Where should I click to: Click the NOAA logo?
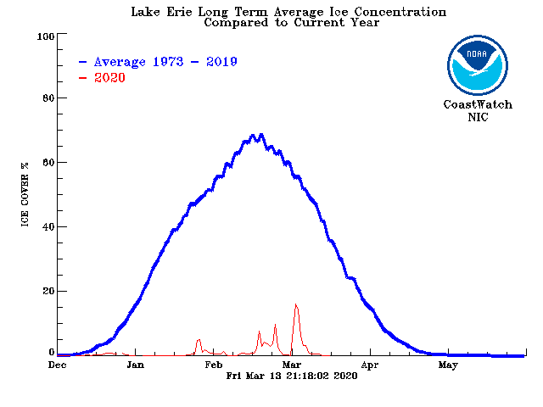477,64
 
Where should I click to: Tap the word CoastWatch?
477,105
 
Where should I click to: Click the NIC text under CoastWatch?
477,116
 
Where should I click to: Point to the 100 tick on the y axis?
45,36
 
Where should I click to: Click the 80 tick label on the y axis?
48,99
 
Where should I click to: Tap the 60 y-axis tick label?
48,163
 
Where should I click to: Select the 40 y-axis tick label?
48,227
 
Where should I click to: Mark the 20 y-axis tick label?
48,292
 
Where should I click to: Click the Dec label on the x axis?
58,366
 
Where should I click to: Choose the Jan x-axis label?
135,366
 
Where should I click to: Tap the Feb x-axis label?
214,366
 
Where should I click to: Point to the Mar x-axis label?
292,366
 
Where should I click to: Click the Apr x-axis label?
370,366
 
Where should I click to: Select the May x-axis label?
448,366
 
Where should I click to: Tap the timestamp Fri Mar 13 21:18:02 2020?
292,376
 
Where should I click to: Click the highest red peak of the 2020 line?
295,304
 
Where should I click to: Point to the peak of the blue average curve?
261,135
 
